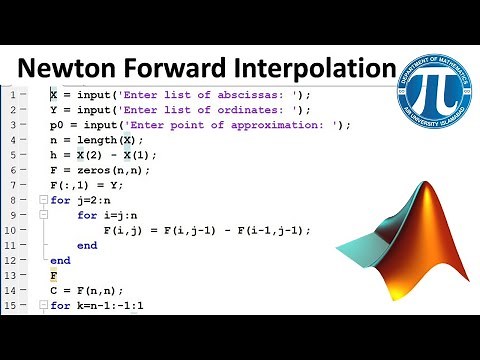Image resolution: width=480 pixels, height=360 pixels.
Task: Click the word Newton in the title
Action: pyautogui.click(x=75, y=68)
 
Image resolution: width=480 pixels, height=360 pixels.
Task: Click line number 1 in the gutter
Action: pyautogui.click(x=10, y=95)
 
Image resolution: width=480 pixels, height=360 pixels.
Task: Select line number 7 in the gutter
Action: pyautogui.click(x=10, y=185)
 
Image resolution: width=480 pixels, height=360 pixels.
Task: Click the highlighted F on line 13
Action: pyautogui.click(x=54, y=275)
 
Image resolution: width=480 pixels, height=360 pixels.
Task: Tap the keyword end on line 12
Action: pyautogui.click(x=61, y=260)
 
